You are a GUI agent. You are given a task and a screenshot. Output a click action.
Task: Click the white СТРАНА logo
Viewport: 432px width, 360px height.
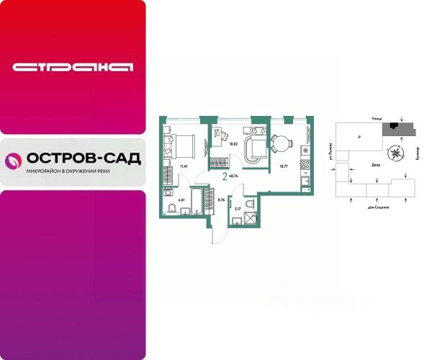coord(73,67)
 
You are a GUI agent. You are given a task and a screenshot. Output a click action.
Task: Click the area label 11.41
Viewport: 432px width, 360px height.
coord(184,166)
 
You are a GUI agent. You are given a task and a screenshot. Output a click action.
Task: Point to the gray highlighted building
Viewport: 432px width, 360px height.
coord(397,127)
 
